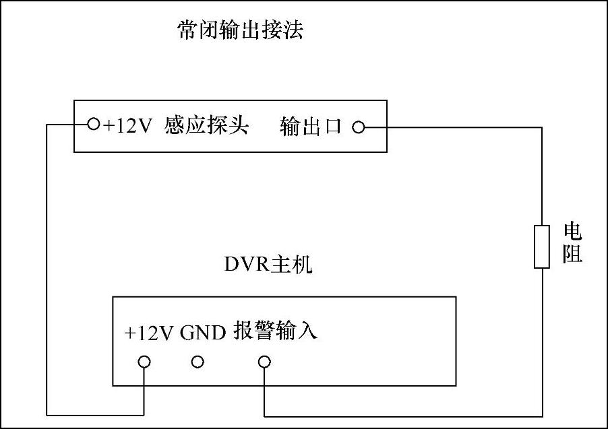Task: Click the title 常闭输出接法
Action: click(240, 30)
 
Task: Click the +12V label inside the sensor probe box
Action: click(127, 125)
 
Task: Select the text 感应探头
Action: click(206, 125)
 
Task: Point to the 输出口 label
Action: click(311, 127)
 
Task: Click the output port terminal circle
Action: click(359, 127)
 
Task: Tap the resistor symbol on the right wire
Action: click(542, 247)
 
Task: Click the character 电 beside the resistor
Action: click(572, 234)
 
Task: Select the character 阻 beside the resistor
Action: click(572, 255)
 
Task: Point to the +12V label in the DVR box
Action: click(149, 333)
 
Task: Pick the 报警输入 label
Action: click(275, 331)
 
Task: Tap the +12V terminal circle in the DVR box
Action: click(144, 362)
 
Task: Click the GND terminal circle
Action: click(197, 362)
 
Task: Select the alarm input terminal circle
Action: click(264, 362)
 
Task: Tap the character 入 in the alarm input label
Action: click(307, 331)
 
